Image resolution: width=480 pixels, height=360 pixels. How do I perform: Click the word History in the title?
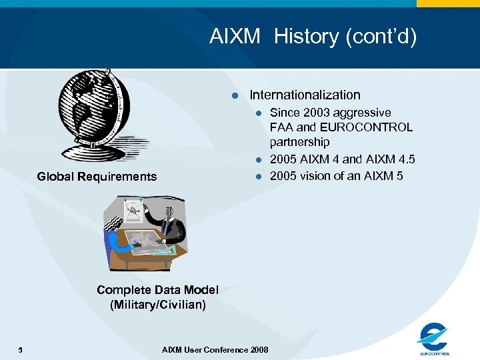[306, 36]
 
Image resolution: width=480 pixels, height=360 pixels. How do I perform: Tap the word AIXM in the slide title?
[235, 36]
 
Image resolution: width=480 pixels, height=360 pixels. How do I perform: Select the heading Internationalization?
[305, 95]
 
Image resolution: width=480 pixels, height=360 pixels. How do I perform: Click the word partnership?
[299, 142]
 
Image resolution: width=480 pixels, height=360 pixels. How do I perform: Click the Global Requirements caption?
[97, 177]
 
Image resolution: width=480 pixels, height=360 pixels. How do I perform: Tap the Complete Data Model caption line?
[157, 289]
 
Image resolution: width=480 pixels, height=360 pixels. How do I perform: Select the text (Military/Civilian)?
[157, 305]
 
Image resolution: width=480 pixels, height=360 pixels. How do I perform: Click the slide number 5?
[21, 350]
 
